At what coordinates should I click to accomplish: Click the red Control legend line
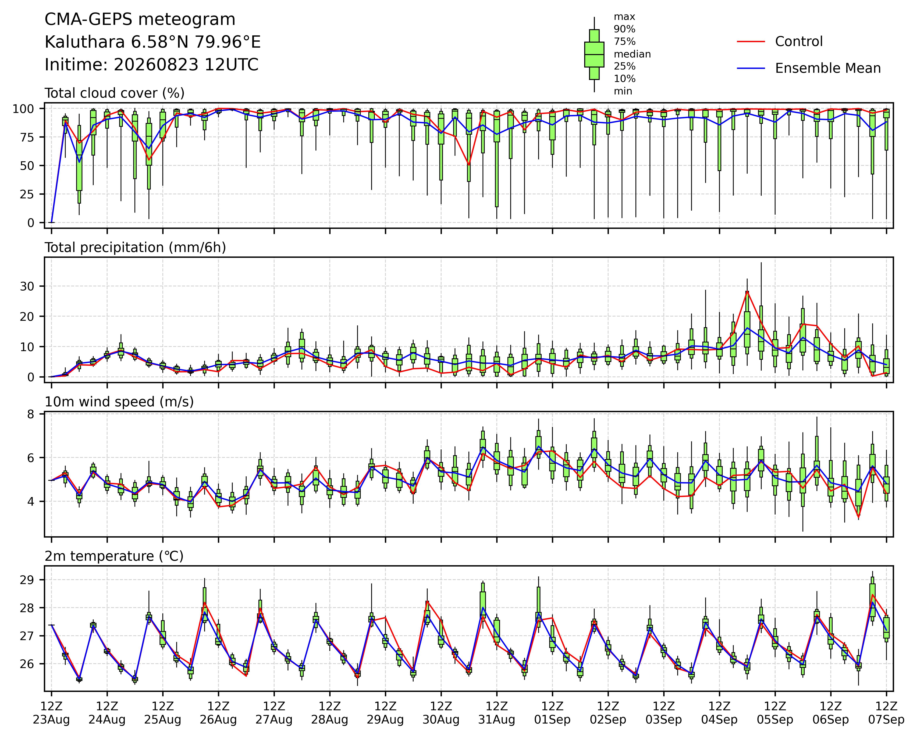tap(751, 42)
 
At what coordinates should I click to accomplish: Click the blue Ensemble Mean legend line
tap(751, 69)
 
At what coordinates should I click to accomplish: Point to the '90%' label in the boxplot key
tap(624, 29)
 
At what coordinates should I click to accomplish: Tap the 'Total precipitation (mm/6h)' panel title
tap(135, 248)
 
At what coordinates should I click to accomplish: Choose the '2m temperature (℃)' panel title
tap(114, 556)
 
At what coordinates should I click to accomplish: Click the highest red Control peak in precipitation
tap(747, 291)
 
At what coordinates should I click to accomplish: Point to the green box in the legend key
tap(594, 54)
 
